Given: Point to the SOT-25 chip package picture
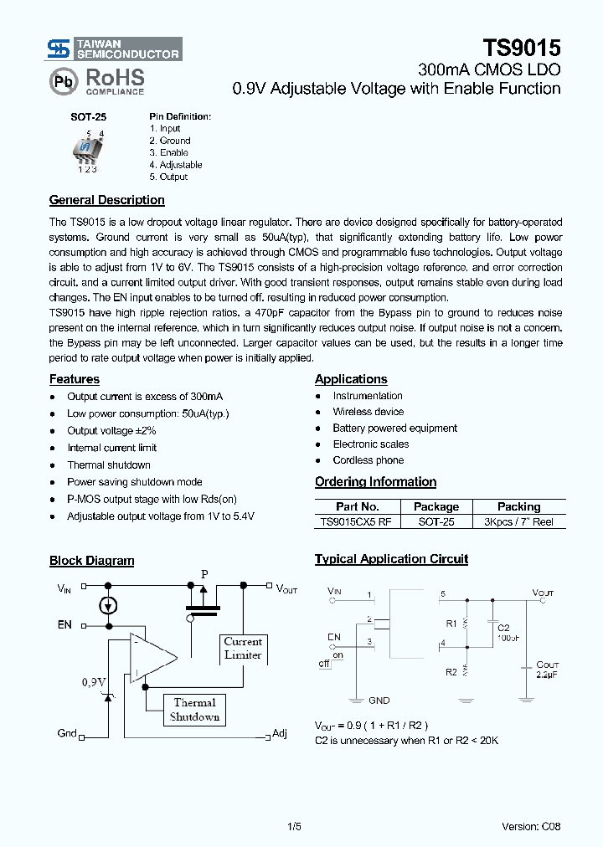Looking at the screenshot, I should point(87,150).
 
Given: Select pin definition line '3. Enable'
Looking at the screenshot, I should point(168,153).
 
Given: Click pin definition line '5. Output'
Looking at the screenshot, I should point(168,177).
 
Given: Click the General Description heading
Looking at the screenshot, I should point(106,200).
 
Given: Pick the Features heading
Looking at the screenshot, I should point(74,379).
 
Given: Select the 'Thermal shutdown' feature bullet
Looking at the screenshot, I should point(109,465).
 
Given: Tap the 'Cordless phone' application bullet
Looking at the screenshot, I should point(368,460).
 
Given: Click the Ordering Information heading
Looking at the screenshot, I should point(375,482).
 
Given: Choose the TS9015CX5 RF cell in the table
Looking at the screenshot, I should point(357,521).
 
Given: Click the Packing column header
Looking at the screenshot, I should point(518,506).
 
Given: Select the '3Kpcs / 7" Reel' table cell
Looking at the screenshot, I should point(518,521).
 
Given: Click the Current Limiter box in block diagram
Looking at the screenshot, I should point(243,649).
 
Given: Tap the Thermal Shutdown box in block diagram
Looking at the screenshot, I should point(194,710).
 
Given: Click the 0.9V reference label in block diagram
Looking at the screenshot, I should point(94,683).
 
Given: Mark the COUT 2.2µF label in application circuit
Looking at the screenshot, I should point(547,670).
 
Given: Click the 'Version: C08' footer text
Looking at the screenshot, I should point(531,827).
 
